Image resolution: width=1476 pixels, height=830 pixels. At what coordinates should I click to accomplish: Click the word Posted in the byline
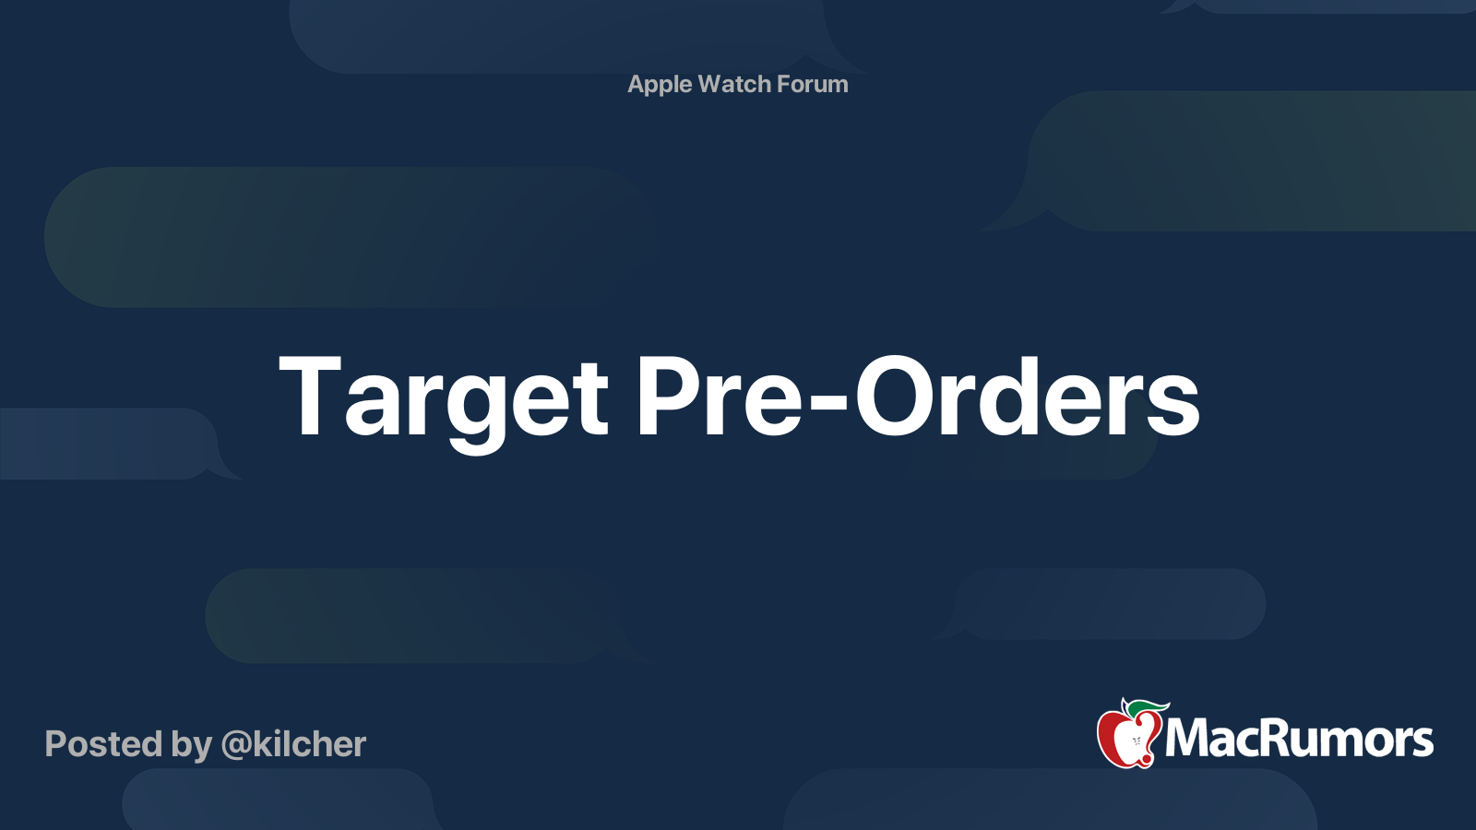(x=104, y=743)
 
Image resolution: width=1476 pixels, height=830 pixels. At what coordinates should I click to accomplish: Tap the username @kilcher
(x=293, y=744)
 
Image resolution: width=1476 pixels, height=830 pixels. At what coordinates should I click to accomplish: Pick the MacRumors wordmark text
(x=1299, y=739)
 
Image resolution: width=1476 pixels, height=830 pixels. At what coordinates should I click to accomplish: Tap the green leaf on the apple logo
(x=1147, y=708)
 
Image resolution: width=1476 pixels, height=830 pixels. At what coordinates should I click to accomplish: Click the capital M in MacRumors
(x=1191, y=738)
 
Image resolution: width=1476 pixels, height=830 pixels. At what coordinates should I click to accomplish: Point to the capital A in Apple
(x=637, y=84)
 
